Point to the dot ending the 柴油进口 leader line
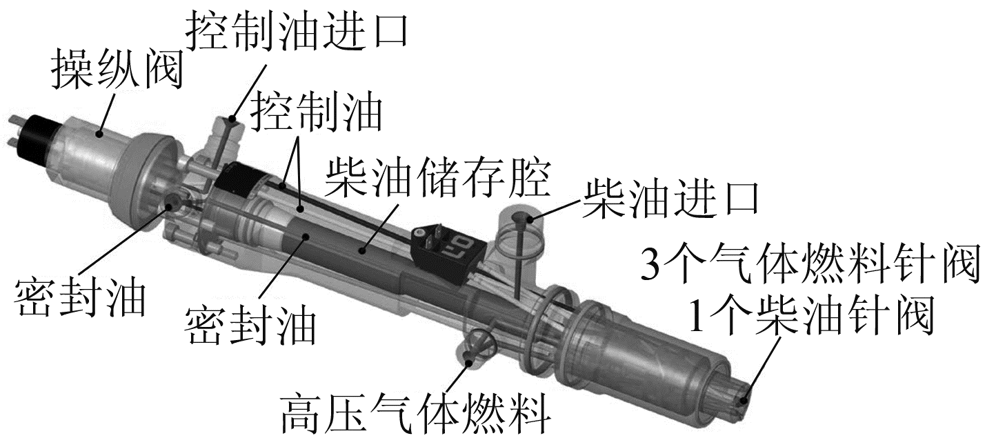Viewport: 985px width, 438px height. [518, 219]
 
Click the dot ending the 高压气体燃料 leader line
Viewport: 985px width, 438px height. [469, 357]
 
